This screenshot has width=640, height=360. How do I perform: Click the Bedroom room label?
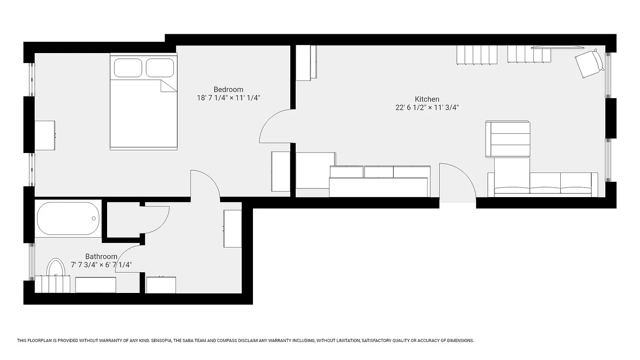pyautogui.click(x=228, y=90)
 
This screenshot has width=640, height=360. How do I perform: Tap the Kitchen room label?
pyautogui.click(x=427, y=99)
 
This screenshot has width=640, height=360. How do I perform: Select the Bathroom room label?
pyautogui.click(x=101, y=256)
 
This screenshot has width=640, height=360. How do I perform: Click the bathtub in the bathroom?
pyautogui.click(x=68, y=218)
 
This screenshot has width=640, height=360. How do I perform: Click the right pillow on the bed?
pyautogui.click(x=160, y=67)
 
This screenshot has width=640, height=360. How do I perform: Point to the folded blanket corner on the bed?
pyautogui.click(x=168, y=86)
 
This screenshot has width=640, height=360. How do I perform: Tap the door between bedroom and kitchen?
pyautogui.click(x=275, y=126)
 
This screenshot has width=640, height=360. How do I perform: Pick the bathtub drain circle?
pyautogui.click(x=94, y=218)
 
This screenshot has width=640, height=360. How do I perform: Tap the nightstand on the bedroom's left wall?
pyautogui.click(x=45, y=135)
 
